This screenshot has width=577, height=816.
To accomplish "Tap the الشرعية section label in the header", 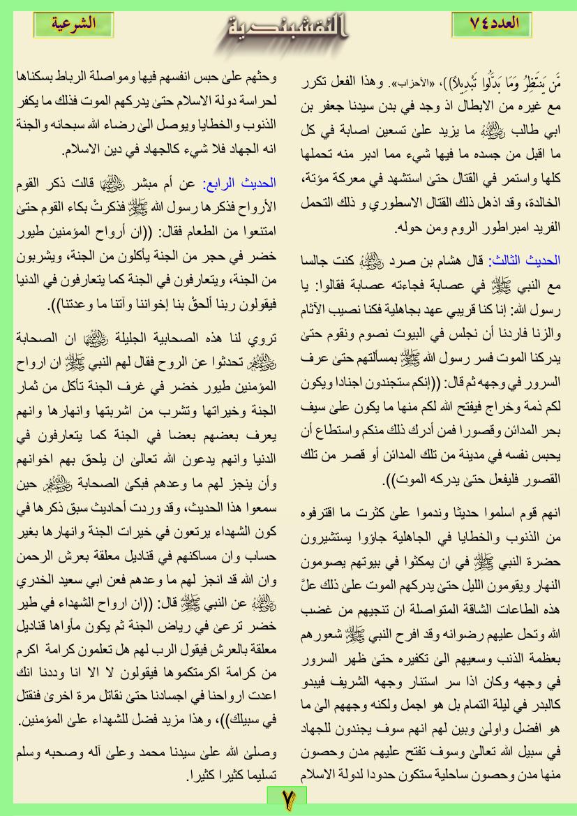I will point(75,23).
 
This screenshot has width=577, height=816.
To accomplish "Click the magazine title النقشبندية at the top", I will point(288,31).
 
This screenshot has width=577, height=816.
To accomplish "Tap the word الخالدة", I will point(541,207).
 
